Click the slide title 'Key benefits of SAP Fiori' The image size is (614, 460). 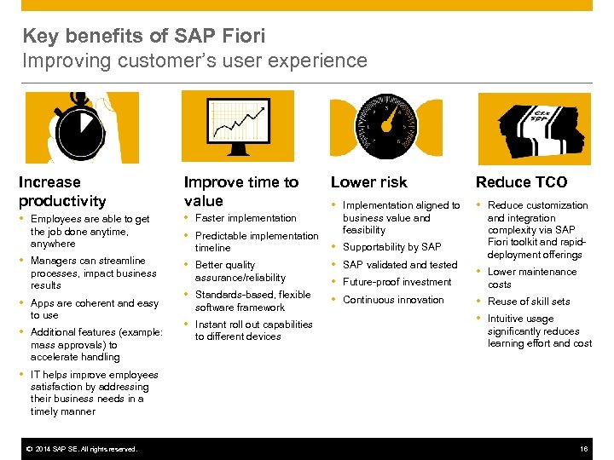[143, 36]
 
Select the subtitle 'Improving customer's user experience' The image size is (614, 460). [194, 61]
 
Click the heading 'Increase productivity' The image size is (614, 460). [62, 192]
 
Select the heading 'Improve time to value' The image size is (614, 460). [241, 192]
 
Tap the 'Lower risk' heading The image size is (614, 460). [369, 182]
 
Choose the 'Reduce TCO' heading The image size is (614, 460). [521, 182]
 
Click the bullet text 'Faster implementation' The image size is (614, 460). [246, 219]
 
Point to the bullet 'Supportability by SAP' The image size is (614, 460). [391, 247]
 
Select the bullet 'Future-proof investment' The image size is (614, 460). [397, 282]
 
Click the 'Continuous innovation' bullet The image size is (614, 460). [393, 300]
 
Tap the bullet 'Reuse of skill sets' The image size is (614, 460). [529, 302]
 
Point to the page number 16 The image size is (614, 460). [584, 449]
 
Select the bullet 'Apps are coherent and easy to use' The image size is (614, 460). [94, 309]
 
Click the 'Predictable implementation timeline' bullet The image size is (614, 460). [256, 242]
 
